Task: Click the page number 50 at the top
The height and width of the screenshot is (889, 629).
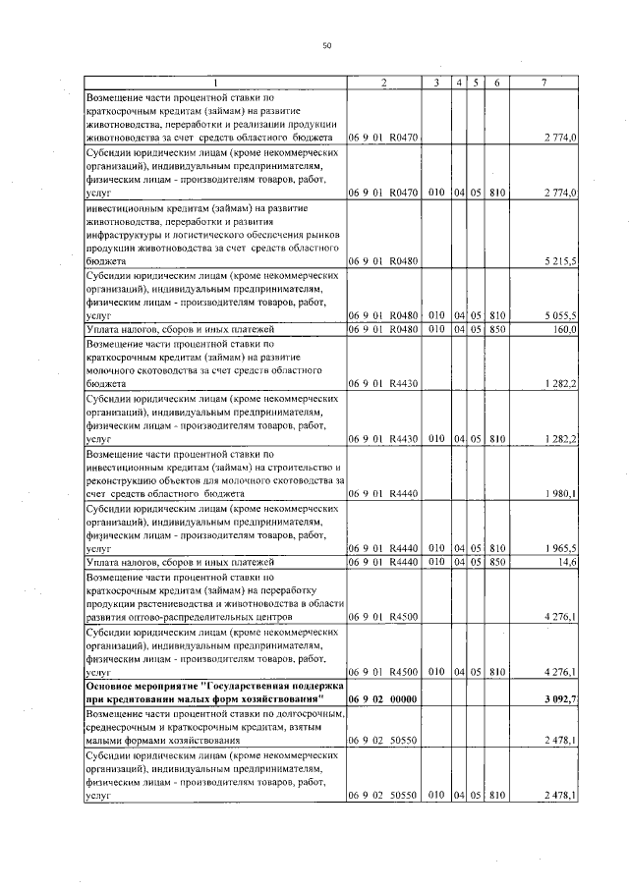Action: (327, 45)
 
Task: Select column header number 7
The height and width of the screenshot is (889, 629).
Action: (543, 82)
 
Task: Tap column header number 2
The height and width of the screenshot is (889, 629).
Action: (383, 82)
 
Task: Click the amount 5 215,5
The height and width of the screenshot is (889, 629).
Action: (559, 262)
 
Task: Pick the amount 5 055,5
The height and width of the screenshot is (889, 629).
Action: (559, 315)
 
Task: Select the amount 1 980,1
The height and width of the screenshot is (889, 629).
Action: (559, 493)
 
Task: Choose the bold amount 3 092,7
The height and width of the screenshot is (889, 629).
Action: (559, 697)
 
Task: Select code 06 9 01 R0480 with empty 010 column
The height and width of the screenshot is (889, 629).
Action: (383, 262)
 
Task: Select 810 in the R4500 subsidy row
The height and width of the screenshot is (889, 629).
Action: (497, 673)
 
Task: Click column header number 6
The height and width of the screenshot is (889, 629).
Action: (497, 82)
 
